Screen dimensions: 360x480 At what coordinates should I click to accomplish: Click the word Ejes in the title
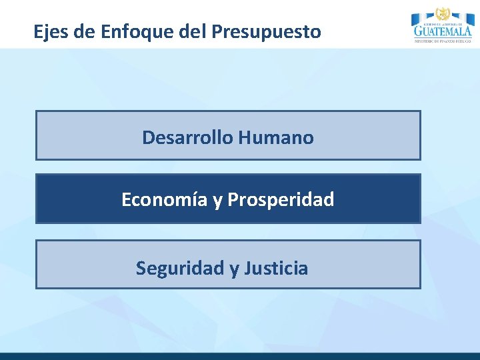click(x=51, y=31)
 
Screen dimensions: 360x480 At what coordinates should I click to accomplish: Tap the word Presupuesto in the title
click(x=266, y=32)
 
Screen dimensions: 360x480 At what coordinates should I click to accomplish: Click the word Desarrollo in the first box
click(x=187, y=138)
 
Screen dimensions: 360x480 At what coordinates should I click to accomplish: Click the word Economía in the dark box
click(x=164, y=199)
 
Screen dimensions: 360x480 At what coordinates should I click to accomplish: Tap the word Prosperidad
click(x=281, y=199)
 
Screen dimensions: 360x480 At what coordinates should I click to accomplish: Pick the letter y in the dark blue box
click(x=217, y=201)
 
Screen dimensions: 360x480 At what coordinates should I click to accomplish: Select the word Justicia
click(x=276, y=268)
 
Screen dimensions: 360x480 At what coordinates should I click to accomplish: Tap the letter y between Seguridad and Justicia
click(x=234, y=269)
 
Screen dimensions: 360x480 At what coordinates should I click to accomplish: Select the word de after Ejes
click(x=84, y=31)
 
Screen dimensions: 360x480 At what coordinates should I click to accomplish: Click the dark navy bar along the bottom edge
click(x=240, y=356)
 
